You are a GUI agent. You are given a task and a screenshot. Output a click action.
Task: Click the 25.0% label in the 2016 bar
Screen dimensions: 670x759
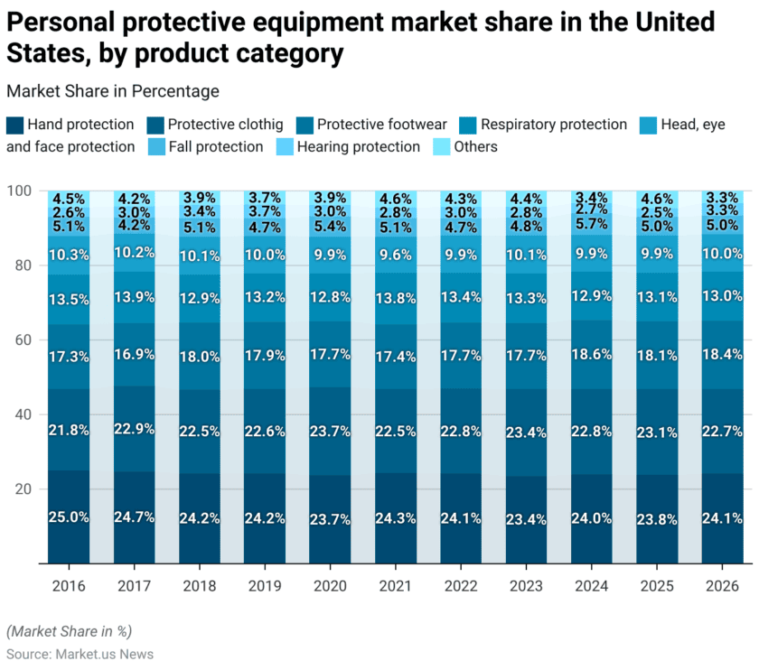[x=69, y=517]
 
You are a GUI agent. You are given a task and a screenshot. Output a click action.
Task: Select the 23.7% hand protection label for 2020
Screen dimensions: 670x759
[x=330, y=517]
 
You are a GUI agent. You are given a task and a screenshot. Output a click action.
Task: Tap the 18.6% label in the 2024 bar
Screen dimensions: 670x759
[x=591, y=356]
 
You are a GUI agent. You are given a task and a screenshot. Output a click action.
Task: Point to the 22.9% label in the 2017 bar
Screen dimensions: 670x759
[x=134, y=428]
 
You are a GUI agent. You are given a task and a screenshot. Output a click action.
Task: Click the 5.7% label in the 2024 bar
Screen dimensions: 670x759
[x=591, y=224]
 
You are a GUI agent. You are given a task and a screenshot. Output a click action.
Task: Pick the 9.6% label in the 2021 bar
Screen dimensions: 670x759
[x=395, y=255]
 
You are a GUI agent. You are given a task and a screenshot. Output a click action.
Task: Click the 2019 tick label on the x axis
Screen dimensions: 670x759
[x=265, y=586]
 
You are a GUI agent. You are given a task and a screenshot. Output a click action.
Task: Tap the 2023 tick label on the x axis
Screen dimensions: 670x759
[x=526, y=586]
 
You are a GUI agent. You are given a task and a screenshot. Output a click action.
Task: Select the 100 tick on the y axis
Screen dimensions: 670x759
[x=20, y=191]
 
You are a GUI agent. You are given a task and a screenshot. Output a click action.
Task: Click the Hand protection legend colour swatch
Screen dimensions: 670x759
[x=14, y=125]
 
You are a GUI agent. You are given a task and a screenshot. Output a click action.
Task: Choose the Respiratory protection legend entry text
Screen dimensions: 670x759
[x=553, y=125]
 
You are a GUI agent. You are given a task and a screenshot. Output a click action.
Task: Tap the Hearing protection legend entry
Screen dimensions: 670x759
[x=358, y=146]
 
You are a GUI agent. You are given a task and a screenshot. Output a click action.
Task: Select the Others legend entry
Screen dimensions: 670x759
[x=475, y=146]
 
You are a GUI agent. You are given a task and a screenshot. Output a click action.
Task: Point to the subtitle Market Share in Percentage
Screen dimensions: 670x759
[x=113, y=90]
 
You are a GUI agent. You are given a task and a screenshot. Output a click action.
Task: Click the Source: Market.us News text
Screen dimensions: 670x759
[x=80, y=654]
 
